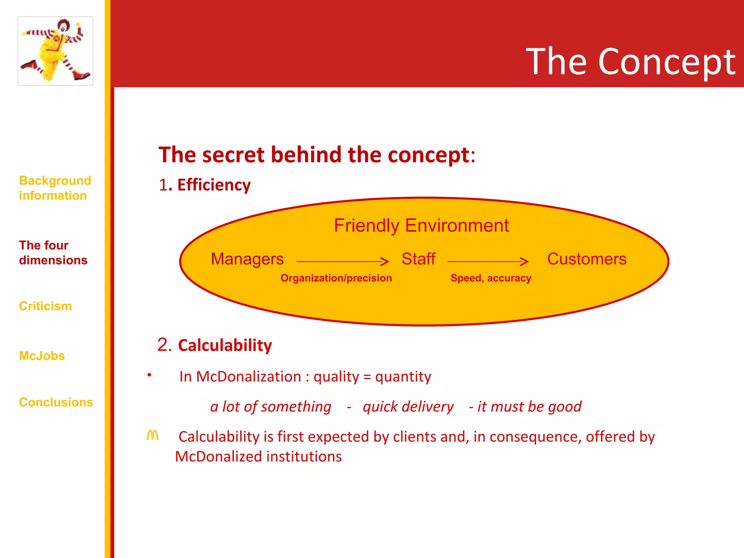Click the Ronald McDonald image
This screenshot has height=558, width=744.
click(55, 51)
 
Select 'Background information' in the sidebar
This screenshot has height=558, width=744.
click(55, 188)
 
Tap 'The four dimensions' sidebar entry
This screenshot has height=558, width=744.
click(53, 252)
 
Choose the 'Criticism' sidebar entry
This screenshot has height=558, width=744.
click(45, 306)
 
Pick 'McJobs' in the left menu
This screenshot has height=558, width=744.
click(42, 356)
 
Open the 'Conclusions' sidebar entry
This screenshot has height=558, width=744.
click(56, 402)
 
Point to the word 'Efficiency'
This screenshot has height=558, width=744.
click(214, 185)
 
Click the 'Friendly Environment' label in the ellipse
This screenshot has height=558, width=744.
click(421, 225)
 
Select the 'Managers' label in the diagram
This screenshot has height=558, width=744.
click(247, 259)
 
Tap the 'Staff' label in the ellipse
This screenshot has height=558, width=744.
click(418, 259)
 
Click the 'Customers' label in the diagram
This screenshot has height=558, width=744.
click(587, 259)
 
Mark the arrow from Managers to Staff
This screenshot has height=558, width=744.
click(343, 261)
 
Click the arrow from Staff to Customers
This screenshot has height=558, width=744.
click(488, 261)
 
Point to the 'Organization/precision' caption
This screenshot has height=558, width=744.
click(336, 278)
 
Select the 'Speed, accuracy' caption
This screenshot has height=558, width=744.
click(491, 278)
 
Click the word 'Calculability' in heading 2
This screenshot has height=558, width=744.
click(225, 345)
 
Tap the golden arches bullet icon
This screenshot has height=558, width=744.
click(153, 435)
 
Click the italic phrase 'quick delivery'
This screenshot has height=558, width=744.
click(408, 407)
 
